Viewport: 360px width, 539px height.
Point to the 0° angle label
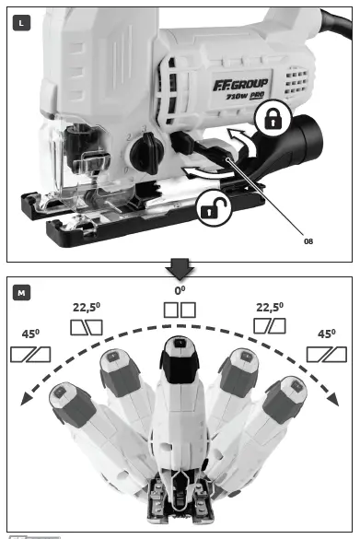(180, 289)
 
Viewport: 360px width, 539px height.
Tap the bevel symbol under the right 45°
(330, 354)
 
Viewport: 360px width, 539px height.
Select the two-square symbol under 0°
(180, 310)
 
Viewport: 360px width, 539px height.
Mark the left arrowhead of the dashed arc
(24, 399)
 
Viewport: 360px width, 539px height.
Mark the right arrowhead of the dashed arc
(335, 399)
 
